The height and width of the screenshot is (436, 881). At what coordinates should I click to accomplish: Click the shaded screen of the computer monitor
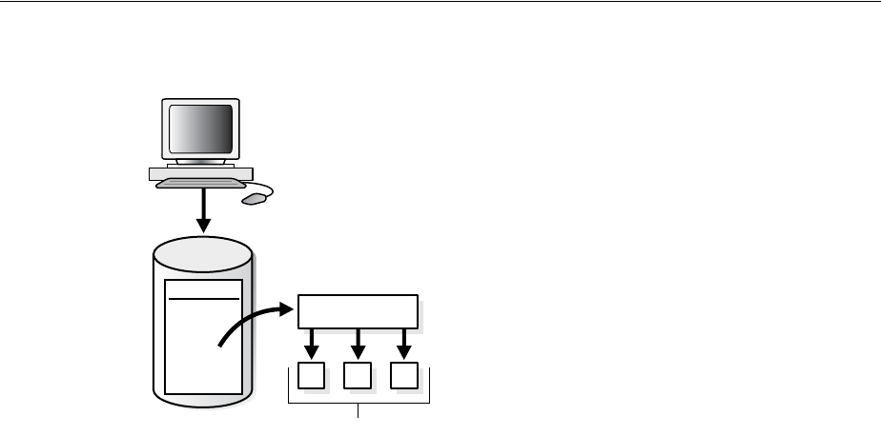pos(201,129)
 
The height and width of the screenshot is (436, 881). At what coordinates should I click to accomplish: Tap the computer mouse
pos(254,199)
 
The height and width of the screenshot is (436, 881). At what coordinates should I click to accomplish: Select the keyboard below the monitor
pos(200,184)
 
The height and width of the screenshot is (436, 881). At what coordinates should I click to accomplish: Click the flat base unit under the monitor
pos(200,173)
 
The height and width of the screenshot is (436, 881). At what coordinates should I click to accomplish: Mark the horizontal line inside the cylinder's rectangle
pos(203,298)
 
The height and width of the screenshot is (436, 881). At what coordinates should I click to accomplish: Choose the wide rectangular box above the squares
pos(358,310)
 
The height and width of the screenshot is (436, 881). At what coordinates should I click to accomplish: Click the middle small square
pos(358,377)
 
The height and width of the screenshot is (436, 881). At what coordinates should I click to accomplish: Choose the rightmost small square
pos(404,377)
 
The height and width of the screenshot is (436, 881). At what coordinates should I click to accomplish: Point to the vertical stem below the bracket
pos(359,410)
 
